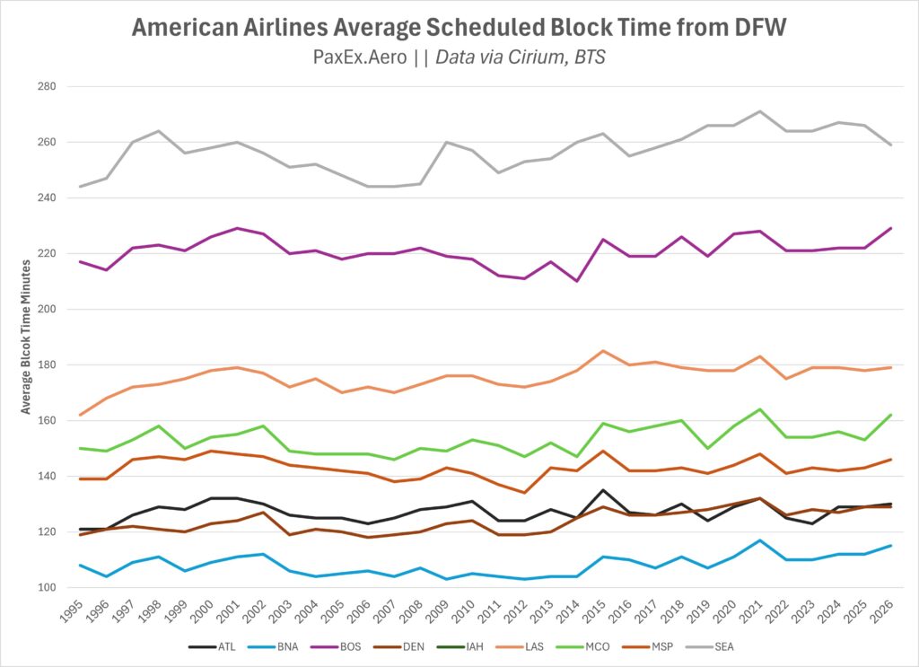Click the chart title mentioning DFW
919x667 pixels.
pos(459,27)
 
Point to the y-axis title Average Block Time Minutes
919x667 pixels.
pos(27,338)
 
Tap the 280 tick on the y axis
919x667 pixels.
pos(46,87)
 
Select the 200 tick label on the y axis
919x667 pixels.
pos(46,310)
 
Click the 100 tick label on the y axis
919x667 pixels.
pos(46,588)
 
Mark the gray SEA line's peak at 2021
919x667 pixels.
pos(759,111)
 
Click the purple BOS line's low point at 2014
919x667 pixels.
pos(577,281)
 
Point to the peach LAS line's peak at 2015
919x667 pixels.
pos(603,351)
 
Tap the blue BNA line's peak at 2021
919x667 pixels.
pos(759,540)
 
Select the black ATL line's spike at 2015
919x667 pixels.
pos(603,490)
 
